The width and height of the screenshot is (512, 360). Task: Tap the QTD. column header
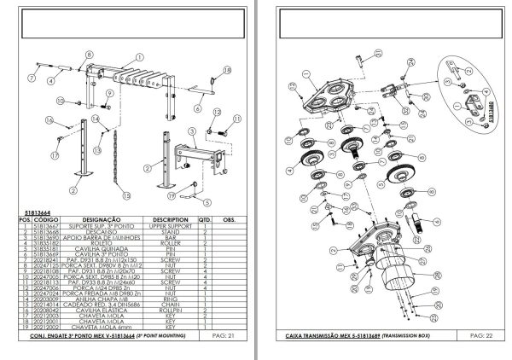pyautogui.click(x=206, y=218)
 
